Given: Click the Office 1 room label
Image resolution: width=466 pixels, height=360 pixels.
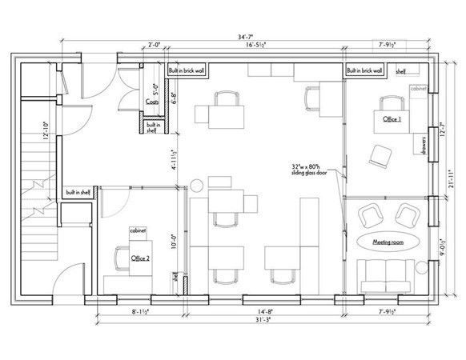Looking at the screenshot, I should pyautogui.click(x=391, y=119).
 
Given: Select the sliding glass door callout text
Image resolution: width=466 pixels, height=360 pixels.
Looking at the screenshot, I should pyautogui.click(x=313, y=170).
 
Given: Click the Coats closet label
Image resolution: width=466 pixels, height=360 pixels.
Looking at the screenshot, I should pyautogui.click(x=151, y=101).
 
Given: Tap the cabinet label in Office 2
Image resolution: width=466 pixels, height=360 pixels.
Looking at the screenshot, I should pyautogui.click(x=139, y=230).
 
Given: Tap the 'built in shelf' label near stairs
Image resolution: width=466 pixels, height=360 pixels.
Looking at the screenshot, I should pyautogui.click(x=81, y=192).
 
